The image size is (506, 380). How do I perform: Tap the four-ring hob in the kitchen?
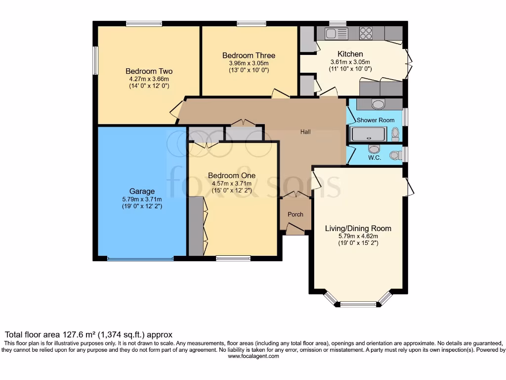366,33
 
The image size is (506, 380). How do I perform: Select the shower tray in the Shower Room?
368,134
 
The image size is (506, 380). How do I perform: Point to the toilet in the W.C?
395,155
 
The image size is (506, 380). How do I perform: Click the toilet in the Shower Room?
395,133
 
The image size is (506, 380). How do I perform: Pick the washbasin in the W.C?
374,149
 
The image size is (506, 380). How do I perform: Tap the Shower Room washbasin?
379,104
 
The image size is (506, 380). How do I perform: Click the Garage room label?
142,191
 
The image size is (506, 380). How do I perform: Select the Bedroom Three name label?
249,55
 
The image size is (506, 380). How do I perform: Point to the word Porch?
295,214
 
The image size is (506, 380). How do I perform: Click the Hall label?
305,132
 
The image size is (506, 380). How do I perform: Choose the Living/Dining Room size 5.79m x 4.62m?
358,236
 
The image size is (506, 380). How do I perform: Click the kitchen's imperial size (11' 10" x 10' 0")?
350,69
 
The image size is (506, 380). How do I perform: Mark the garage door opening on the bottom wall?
140,258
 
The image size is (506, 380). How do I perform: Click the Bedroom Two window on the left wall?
96,61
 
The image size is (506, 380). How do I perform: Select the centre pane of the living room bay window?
358,304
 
